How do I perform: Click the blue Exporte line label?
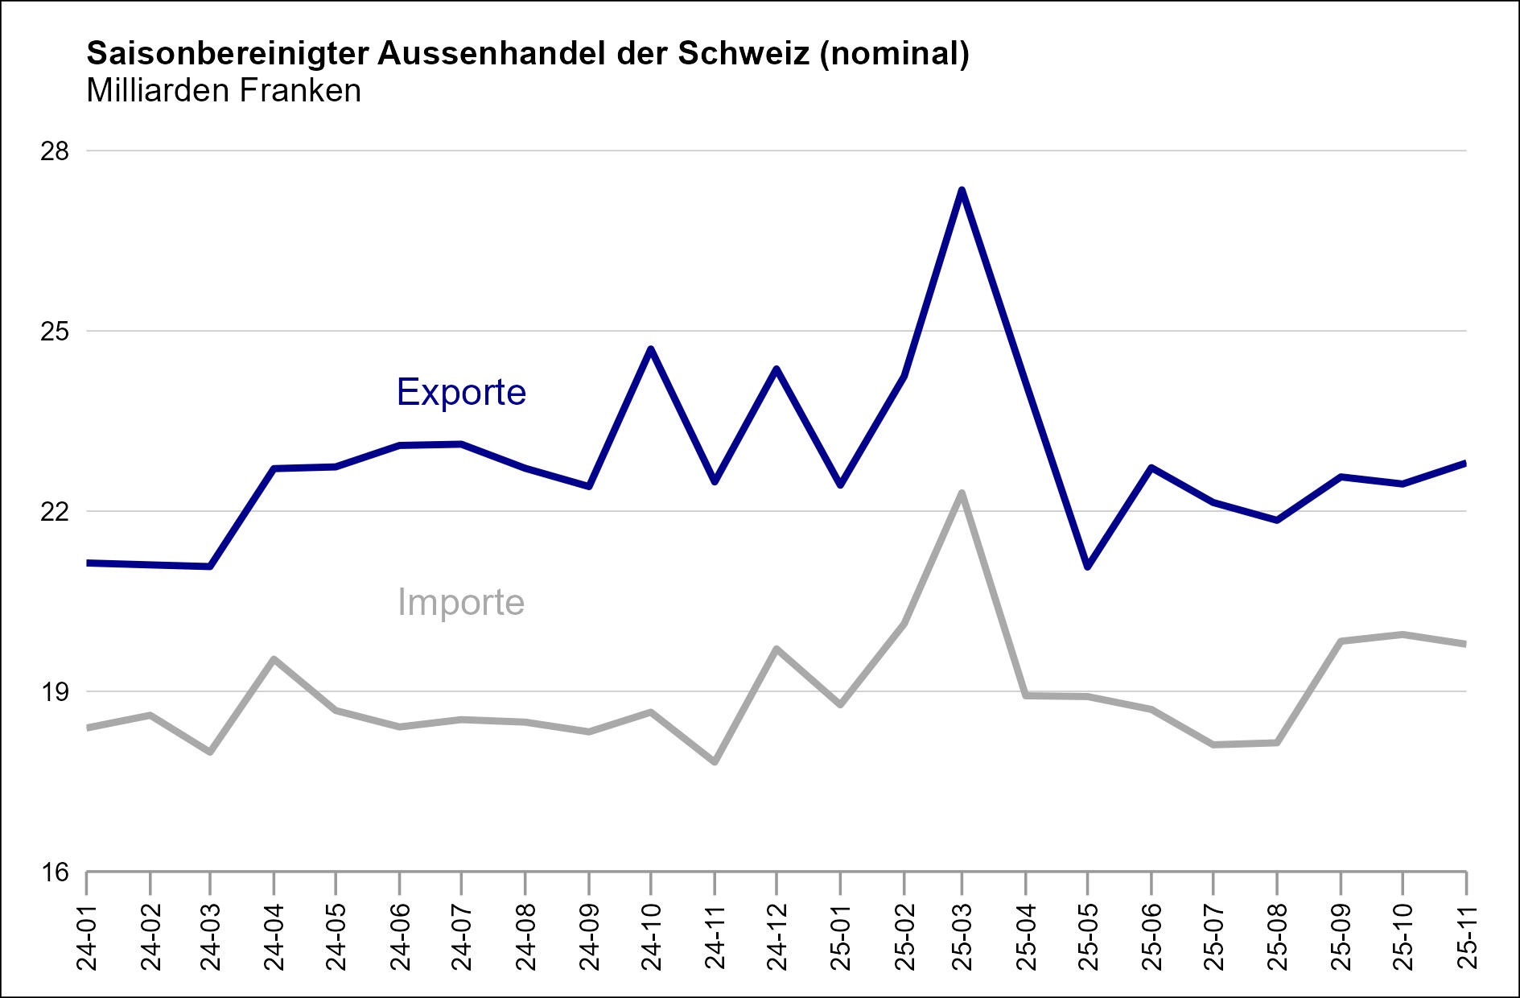tap(461, 393)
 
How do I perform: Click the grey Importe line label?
tap(461, 603)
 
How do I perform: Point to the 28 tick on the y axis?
tap(55, 151)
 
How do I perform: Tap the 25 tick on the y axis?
tap(55, 332)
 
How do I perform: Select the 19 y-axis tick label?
tap(55, 692)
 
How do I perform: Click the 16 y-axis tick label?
tap(55, 872)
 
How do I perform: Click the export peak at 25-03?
tap(962, 190)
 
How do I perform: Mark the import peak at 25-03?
tap(962, 493)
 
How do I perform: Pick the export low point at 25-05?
tap(1087, 567)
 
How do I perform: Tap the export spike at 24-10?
tap(651, 348)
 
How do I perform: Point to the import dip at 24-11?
tap(715, 761)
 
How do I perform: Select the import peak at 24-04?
tap(274, 659)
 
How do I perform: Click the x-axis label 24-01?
tap(87, 938)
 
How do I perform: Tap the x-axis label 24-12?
tap(776, 938)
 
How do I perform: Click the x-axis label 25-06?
tap(1151, 938)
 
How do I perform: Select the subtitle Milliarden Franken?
tap(224, 91)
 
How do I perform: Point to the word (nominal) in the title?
tap(895, 54)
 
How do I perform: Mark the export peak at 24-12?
tap(776, 369)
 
